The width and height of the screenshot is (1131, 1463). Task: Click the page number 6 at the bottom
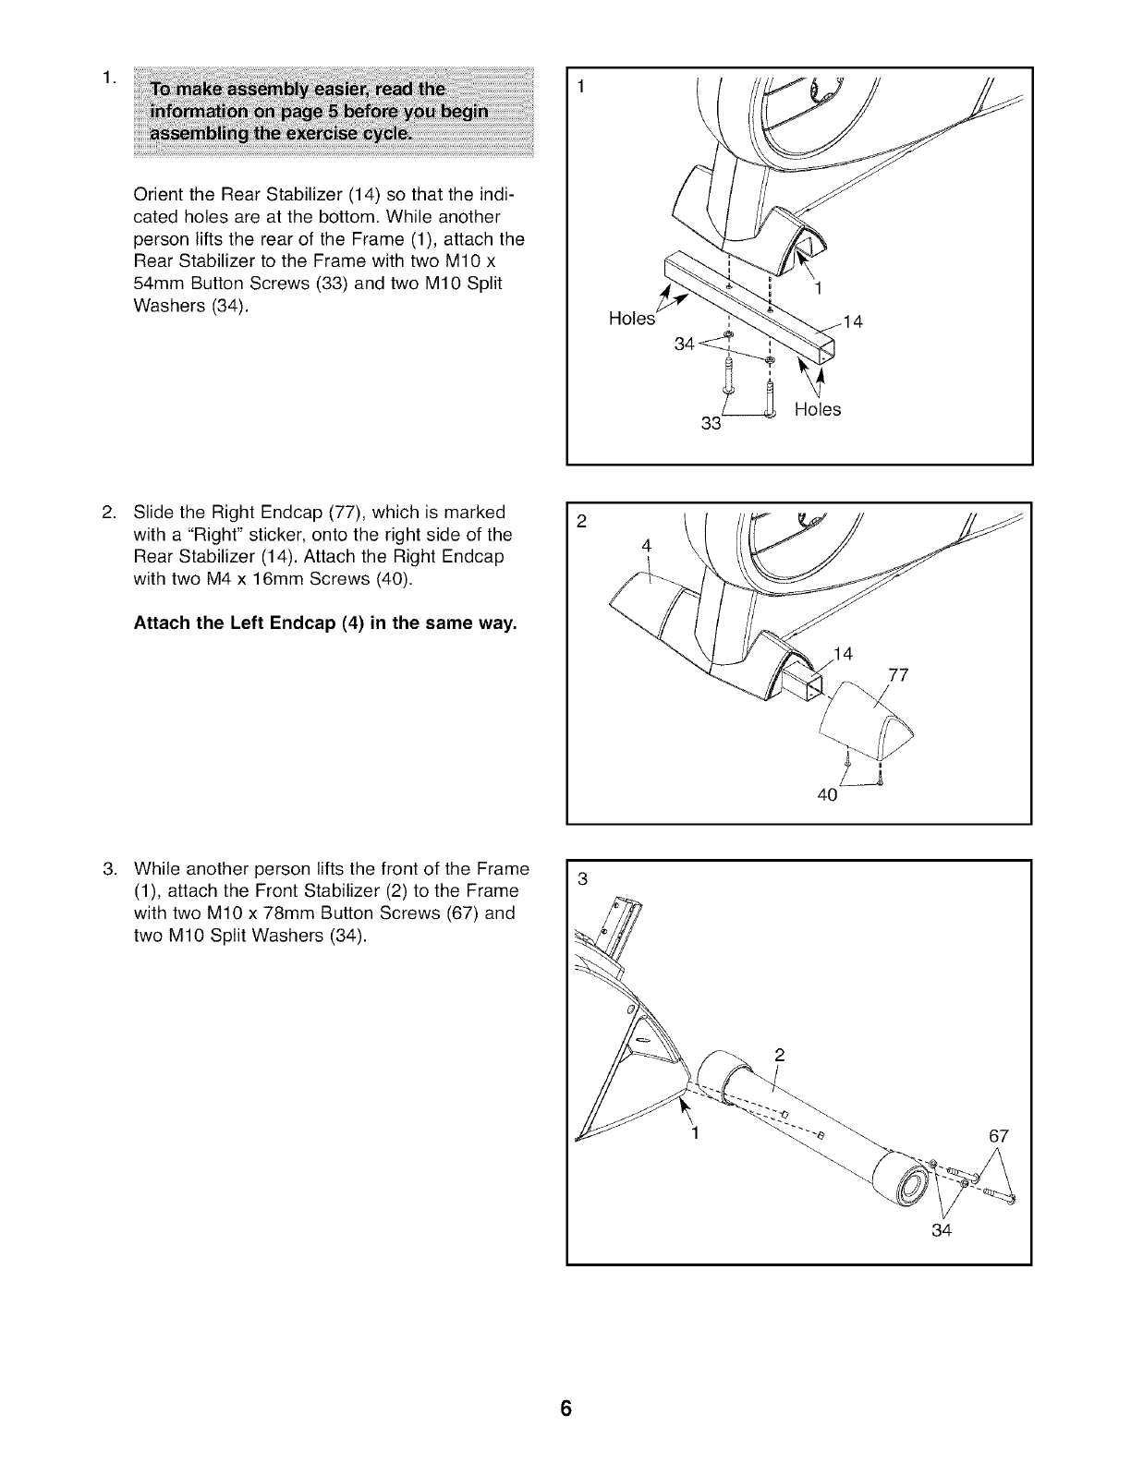pyautogui.click(x=565, y=1409)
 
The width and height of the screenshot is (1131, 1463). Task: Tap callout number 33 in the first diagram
pyautogui.click(x=711, y=424)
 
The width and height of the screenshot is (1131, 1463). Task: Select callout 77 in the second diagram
pyautogui.click(x=897, y=675)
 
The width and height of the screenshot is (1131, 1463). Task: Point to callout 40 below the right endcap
pyautogui.click(x=827, y=794)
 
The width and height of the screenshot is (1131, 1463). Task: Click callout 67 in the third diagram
pyautogui.click(x=999, y=1136)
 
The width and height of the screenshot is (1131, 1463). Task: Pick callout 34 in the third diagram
pyautogui.click(x=942, y=1230)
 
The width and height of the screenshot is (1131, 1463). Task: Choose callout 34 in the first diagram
pyautogui.click(x=685, y=344)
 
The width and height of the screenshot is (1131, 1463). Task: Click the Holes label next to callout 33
pyautogui.click(x=818, y=409)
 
